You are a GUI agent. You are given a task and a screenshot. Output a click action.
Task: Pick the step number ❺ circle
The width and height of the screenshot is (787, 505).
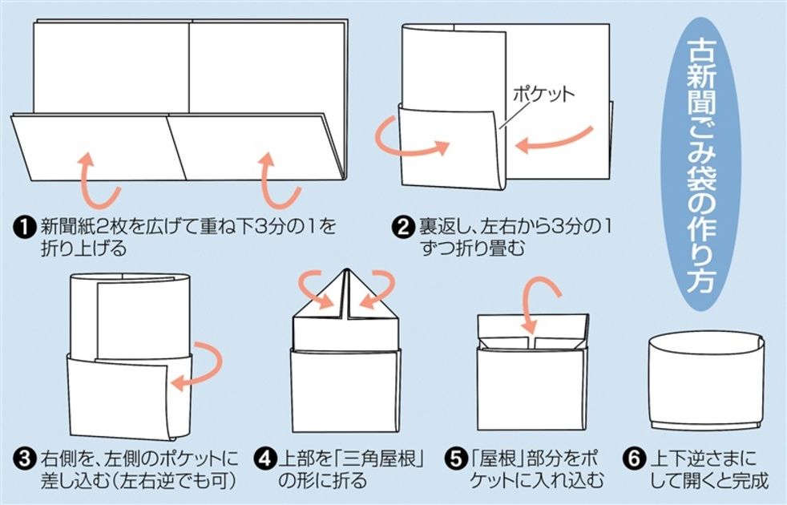(x=455, y=460)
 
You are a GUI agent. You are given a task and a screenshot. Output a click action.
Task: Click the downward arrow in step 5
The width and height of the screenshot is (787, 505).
(x=535, y=305)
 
